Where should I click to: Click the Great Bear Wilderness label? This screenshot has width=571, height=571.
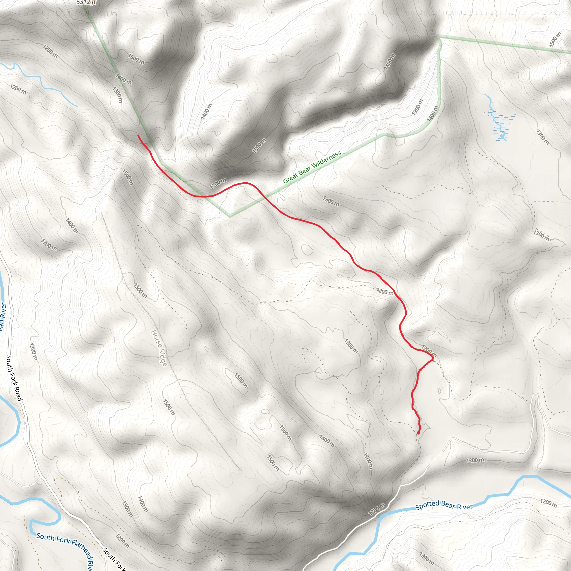(x=312, y=167)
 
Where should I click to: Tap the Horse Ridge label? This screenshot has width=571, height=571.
(x=159, y=348)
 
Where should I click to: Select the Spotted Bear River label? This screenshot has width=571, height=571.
(x=444, y=505)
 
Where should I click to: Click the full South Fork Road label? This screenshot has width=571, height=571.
(x=14, y=378)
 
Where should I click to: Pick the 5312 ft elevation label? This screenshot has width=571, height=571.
(x=86, y=2)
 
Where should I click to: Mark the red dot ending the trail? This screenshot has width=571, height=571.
(x=418, y=433)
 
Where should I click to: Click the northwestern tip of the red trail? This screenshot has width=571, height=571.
(x=138, y=135)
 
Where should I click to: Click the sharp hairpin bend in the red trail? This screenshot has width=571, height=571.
(x=433, y=358)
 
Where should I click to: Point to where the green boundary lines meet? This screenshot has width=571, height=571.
(x=438, y=37)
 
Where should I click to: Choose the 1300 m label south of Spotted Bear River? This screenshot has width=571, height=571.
(x=427, y=557)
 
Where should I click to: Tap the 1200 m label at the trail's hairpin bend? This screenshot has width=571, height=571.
(x=429, y=350)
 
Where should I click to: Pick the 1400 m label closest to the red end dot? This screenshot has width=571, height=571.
(x=327, y=441)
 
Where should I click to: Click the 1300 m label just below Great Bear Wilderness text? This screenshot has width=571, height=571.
(x=331, y=201)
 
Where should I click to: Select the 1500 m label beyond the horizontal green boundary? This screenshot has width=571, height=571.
(x=555, y=40)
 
